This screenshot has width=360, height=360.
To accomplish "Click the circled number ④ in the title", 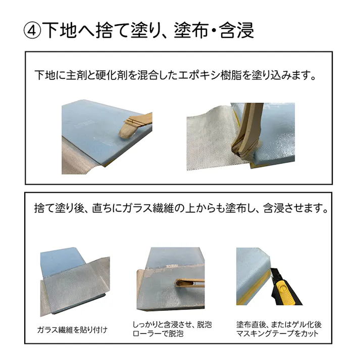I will pyautogui.click(x=32, y=30).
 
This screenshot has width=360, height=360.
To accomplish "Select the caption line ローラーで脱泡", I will pyautogui.click(x=157, y=334).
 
